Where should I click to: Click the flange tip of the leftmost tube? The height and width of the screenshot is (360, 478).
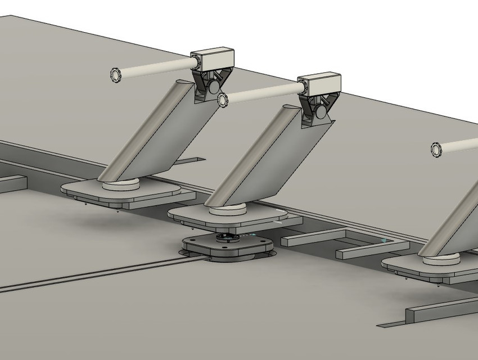click(x=116, y=74)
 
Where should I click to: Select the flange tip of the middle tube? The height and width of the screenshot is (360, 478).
click(x=223, y=100)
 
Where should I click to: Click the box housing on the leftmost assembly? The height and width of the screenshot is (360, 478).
click(x=213, y=58)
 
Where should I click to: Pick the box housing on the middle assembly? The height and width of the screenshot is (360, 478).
click(x=320, y=83)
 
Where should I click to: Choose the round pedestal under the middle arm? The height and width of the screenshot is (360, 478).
click(x=228, y=211)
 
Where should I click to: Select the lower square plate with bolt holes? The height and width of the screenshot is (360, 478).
click(x=228, y=248)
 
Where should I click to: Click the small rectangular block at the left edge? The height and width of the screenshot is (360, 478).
click(x=11, y=184)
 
